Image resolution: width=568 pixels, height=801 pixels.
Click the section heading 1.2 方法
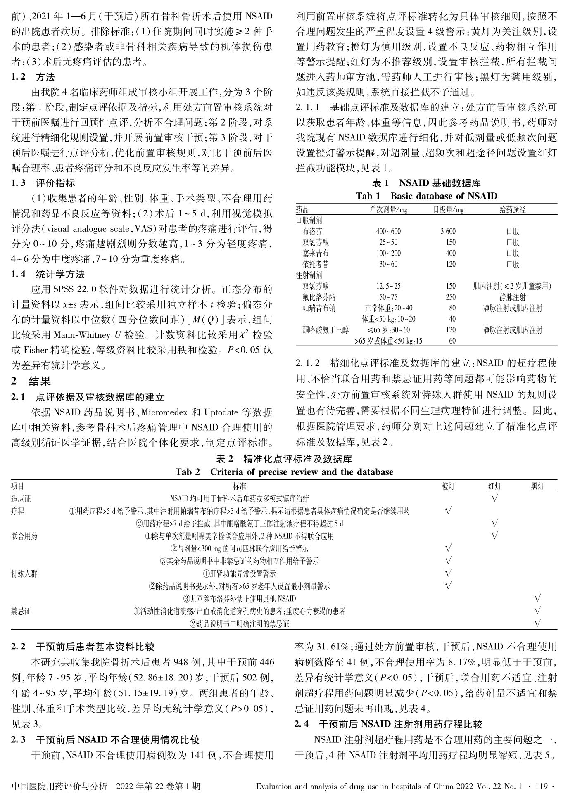click(x=33, y=77)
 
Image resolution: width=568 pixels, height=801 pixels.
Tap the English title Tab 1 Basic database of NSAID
click(x=426, y=196)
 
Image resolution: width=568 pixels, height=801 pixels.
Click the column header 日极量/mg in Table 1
click(x=448, y=210)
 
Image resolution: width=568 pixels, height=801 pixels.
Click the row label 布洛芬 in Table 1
click(x=316, y=231)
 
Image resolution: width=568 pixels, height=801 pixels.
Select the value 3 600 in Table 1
click(x=448, y=231)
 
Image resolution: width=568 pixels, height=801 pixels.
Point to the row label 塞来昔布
click(x=316, y=253)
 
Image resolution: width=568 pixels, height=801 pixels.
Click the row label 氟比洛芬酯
click(x=318, y=297)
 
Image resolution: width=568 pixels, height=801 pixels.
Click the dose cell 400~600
click(x=388, y=231)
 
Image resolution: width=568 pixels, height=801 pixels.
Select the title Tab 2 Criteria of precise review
click(x=284, y=472)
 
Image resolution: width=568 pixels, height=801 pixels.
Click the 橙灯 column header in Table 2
click(x=448, y=486)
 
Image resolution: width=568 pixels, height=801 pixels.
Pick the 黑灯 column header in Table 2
click(x=537, y=486)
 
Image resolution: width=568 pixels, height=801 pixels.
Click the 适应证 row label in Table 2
click(x=21, y=499)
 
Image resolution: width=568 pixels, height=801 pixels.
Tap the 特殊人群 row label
click(x=24, y=573)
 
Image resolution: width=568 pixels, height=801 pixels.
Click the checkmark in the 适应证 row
click(x=494, y=498)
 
